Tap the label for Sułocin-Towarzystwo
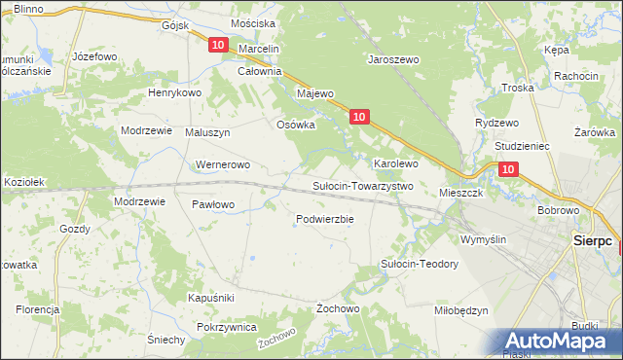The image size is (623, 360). (x=362, y=185)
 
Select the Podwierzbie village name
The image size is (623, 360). (x=324, y=219)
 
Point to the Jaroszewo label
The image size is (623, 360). (x=392, y=59)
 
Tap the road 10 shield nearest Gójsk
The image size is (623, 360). (x=217, y=46)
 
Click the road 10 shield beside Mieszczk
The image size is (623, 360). (x=509, y=169)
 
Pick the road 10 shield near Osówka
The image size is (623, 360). (x=359, y=117)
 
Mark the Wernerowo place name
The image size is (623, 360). (x=224, y=164)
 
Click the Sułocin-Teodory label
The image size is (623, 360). (x=419, y=264)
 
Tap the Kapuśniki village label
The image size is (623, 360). (x=211, y=297)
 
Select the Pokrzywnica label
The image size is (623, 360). (x=226, y=328)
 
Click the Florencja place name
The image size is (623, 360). (x=37, y=309)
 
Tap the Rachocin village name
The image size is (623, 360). (x=575, y=76)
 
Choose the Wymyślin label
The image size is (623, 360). (x=484, y=239)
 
